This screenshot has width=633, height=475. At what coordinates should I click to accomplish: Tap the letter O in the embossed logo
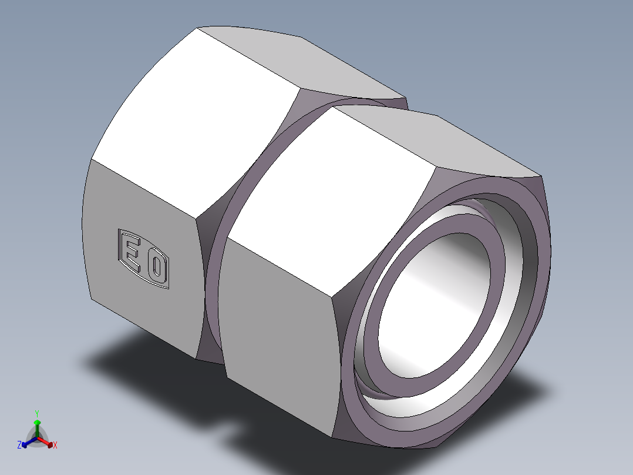coord(156,267)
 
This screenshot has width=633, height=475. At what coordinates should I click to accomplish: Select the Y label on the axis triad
coord(37,413)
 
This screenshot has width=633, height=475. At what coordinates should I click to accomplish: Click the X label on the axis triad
coord(55,446)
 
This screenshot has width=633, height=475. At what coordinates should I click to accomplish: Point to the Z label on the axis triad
coord(19,446)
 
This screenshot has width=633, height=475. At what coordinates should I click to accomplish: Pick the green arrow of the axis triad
coord(37,426)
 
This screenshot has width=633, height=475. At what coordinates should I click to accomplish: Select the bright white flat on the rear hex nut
coord(194,118)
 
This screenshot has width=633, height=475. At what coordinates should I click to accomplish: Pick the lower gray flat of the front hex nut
coord(279,329)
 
